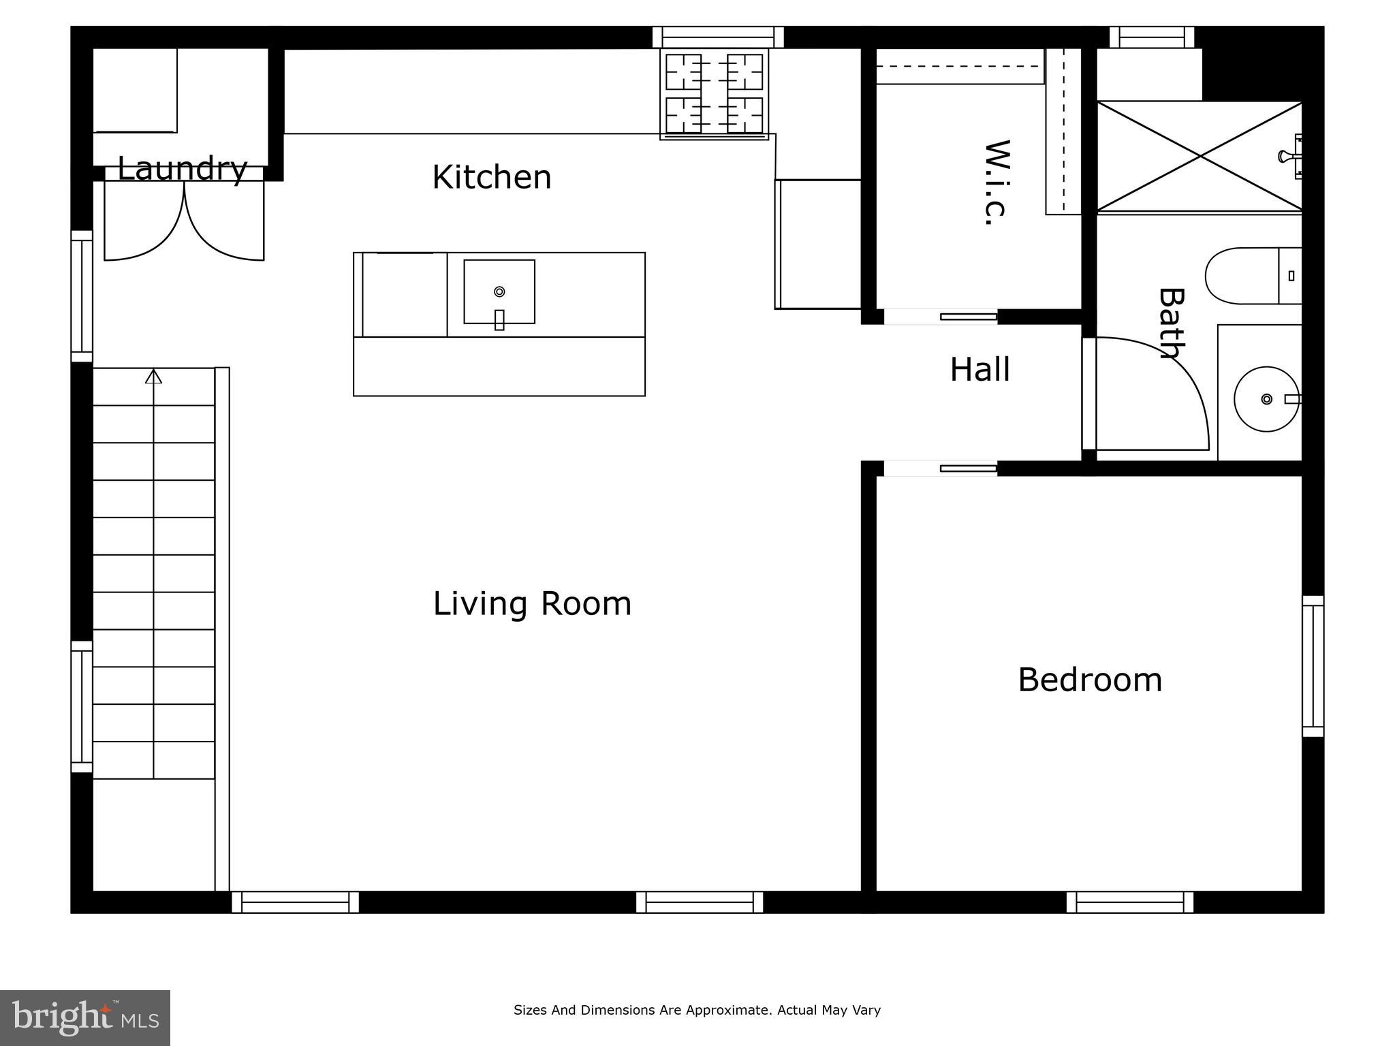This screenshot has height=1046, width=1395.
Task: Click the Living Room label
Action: click(532, 604)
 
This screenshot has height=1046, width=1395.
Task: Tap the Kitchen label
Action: click(492, 177)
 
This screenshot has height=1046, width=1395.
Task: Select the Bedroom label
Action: click(1090, 680)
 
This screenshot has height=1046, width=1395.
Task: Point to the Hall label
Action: click(980, 369)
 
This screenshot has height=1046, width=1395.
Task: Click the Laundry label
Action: click(182, 169)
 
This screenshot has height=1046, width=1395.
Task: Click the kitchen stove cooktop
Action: click(714, 94)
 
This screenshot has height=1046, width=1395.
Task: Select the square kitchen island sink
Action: click(499, 292)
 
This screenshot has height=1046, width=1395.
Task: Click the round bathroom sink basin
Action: click(1267, 399)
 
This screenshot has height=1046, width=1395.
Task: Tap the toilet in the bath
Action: click(1253, 276)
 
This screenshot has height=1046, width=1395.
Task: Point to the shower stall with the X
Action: click(1200, 157)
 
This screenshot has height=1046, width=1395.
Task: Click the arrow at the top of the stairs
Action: click(154, 376)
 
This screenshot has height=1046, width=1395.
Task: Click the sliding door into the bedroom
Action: click(941, 469)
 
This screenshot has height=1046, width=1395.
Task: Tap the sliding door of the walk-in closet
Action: click(941, 317)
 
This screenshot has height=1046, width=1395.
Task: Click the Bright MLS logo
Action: click(85, 1018)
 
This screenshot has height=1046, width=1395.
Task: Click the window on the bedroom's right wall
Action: click(1313, 666)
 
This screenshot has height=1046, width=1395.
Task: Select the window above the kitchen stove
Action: click(718, 37)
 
